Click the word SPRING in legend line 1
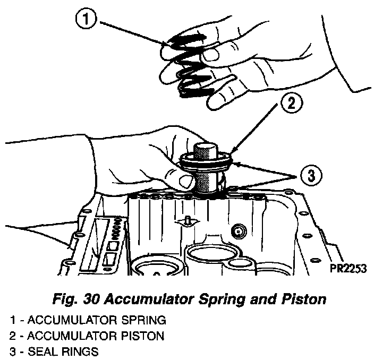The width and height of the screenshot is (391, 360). (x=142, y=320)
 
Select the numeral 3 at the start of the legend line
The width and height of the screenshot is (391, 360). (x=12, y=352)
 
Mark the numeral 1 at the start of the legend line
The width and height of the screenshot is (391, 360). (x=12, y=320)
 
